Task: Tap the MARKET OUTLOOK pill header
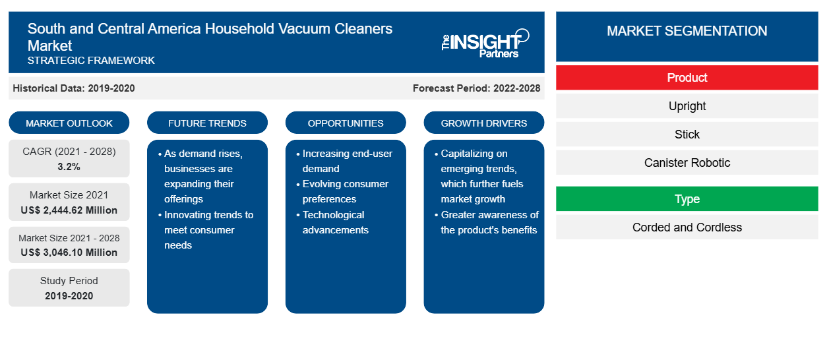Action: pos(69,123)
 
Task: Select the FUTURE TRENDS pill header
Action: pos(207,123)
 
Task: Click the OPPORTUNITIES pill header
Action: pos(346,123)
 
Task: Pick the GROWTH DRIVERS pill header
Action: pos(483,123)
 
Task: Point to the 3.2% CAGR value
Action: pos(69,167)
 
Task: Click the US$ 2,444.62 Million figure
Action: pos(69,210)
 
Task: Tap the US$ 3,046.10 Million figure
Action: pos(69,253)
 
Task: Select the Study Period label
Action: pos(69,281)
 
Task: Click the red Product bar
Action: pos(687,78)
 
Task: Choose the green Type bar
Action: pos(687,198)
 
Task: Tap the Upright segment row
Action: pos(687,106)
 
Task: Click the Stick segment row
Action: pos(687,134)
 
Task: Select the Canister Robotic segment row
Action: pos(687,162)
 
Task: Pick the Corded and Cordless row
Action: pos(687,227)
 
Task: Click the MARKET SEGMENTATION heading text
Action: pos(687,31)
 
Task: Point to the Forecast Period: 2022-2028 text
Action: pos(476,88)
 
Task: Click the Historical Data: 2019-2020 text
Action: pos(74,88)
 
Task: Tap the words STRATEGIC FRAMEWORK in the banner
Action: pos(91,61)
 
